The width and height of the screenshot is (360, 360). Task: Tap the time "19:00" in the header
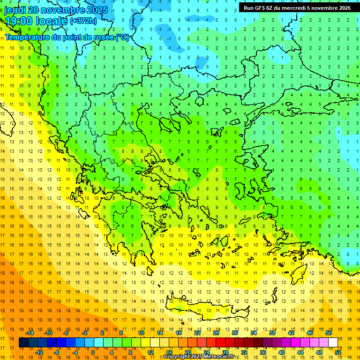tap(18, 21)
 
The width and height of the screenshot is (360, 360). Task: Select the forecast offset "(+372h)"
tap(83, 21)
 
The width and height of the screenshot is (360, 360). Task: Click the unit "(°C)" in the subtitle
tap(122, 37)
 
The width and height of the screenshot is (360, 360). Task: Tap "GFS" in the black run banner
tap(262, 8)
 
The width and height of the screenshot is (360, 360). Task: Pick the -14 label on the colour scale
tap(29, 333)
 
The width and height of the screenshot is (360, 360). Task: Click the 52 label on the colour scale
tap(338, 352)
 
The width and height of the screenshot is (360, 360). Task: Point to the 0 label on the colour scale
tap(92, 352)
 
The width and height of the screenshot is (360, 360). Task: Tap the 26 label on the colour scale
tap(216, 333)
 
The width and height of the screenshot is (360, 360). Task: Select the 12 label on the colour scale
tap(150, 352)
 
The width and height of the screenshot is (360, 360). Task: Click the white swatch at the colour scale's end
tap(333, 343)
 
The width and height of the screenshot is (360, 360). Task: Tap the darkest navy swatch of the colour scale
tap(23, 343)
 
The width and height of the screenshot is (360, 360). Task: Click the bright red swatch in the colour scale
tap(220, 343)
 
